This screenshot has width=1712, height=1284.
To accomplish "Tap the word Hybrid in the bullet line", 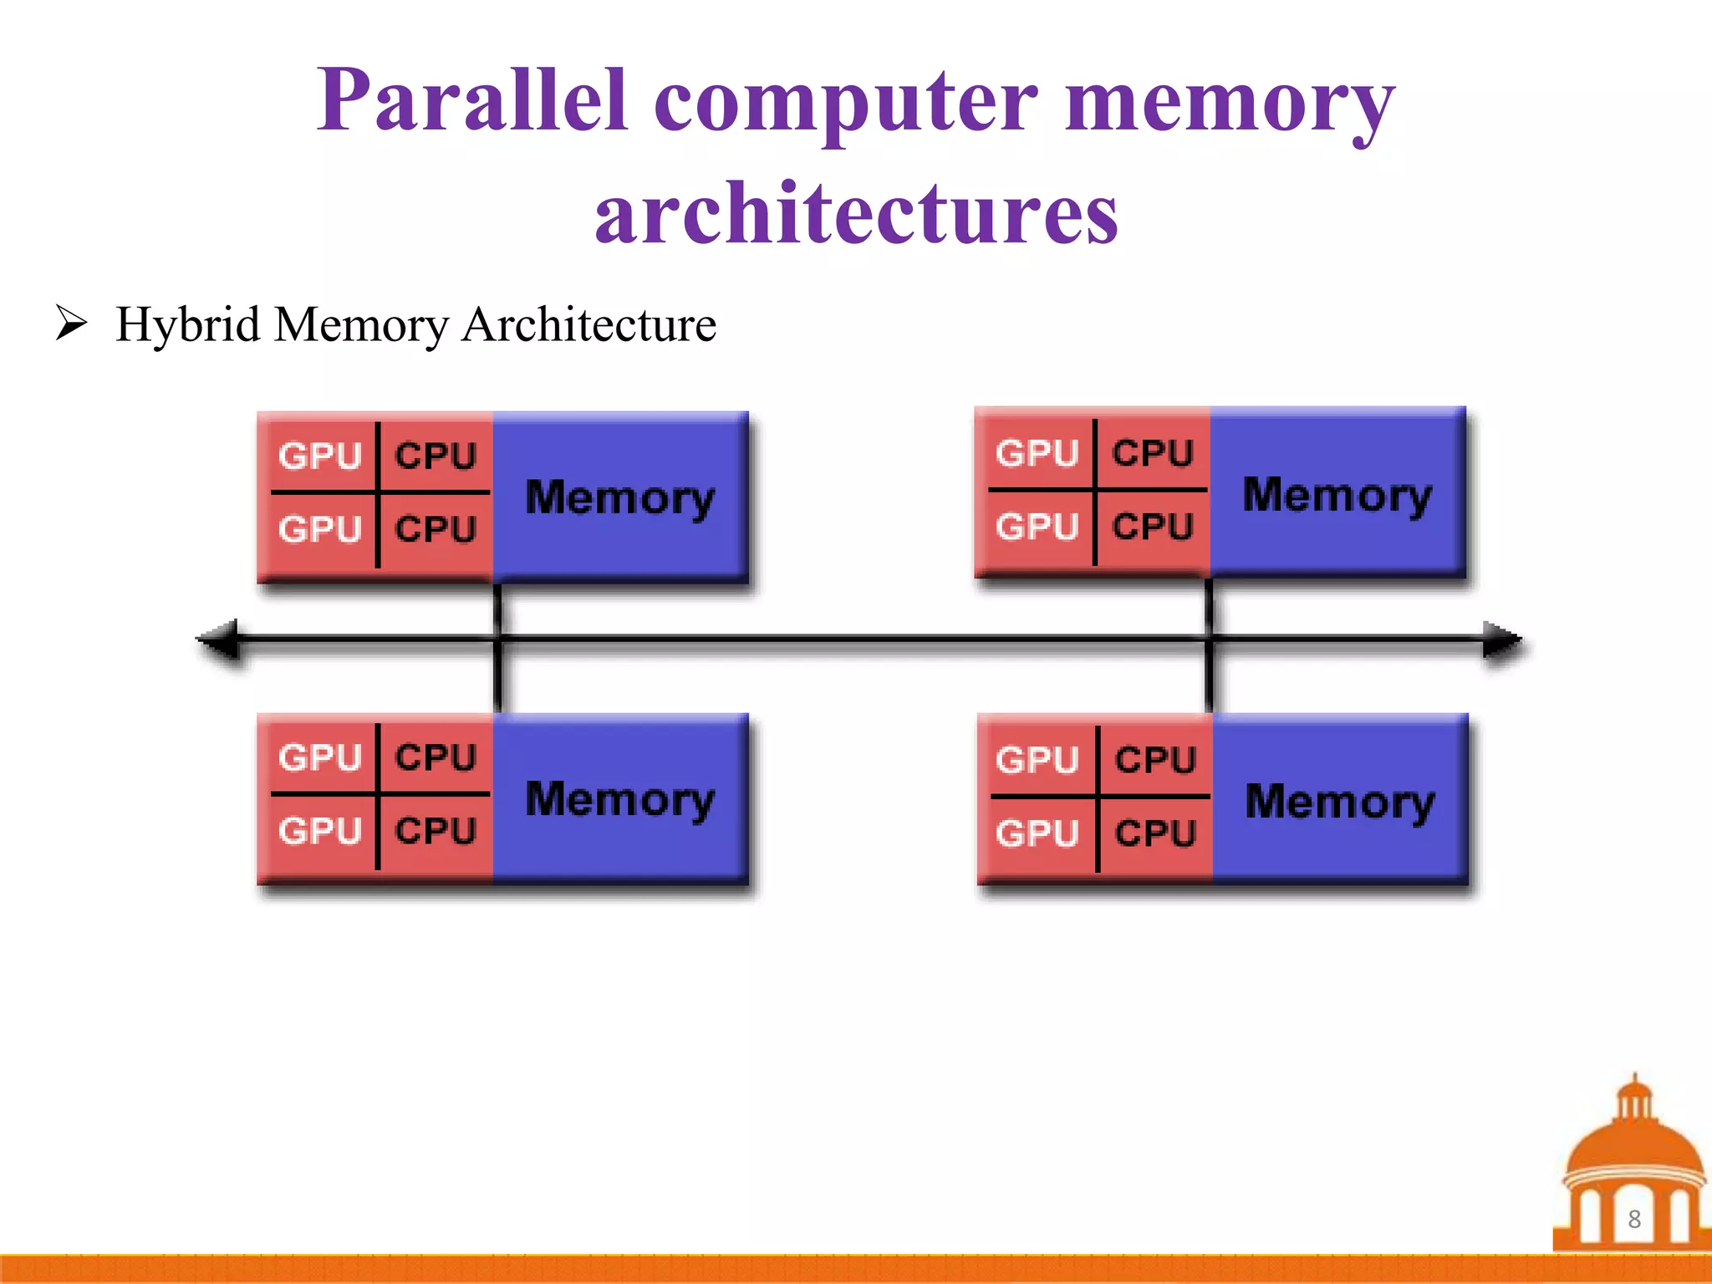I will click(x=187, y=324).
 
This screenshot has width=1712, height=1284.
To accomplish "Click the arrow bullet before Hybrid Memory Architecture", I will click(x=72, y=324).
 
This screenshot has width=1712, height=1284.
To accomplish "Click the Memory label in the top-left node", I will click(x=619, y=498).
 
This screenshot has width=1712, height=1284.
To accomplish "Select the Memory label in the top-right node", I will click(x=1337, y=495).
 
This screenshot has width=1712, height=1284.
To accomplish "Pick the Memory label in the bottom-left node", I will click(x=619, y=799).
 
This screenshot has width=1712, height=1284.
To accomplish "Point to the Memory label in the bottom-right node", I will click(x=1339, y=802).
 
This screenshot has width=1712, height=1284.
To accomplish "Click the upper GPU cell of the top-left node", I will click(x=320, y=456).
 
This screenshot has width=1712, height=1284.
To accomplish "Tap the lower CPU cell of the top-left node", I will click(x=436, y=529).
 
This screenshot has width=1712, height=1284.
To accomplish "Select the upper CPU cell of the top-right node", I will click(x=1152, y=453).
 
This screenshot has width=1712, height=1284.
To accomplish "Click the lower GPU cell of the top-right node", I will click(x=1037, y=527).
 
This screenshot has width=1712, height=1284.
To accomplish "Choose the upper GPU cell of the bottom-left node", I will click(x=320, y=757).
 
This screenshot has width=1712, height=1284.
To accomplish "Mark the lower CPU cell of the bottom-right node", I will click(x=1155, y=833).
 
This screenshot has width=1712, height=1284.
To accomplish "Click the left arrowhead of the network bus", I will click(x=219, y=640).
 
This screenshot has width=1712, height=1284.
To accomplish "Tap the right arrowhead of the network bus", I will click(x=1501, y=640).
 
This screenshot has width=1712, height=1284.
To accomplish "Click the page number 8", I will click(x=1634, y=1220).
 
